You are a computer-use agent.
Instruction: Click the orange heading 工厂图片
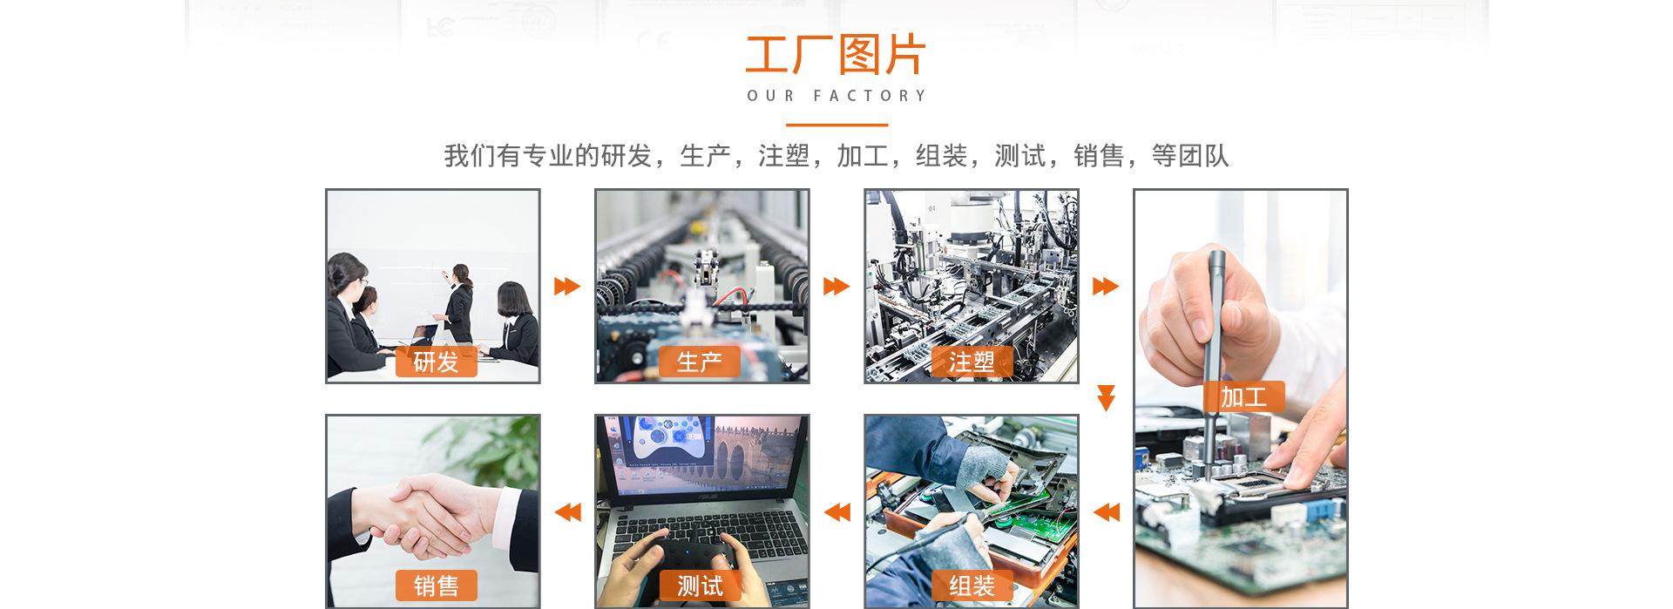[836, 56]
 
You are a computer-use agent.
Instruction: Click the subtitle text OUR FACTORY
[836, 96]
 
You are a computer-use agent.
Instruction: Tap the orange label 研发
[436, 362]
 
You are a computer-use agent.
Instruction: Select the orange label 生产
[699, 362]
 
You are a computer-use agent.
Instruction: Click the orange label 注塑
[972, 362]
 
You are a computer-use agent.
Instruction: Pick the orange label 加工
[1243, 396]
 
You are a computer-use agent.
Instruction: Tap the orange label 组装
[972, 585]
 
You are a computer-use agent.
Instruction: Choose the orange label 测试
[699, 585]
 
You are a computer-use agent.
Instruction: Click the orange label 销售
[436, 585]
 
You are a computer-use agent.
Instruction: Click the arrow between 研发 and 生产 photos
[566, 286]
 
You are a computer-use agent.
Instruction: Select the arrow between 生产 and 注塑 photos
[836, 286]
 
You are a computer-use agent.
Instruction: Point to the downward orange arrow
[1106, 397]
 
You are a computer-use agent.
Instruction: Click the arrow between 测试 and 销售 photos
[567, 511]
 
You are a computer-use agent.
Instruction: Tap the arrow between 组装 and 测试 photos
[836, 511]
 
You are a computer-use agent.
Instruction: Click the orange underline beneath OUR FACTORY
[836, 125]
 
